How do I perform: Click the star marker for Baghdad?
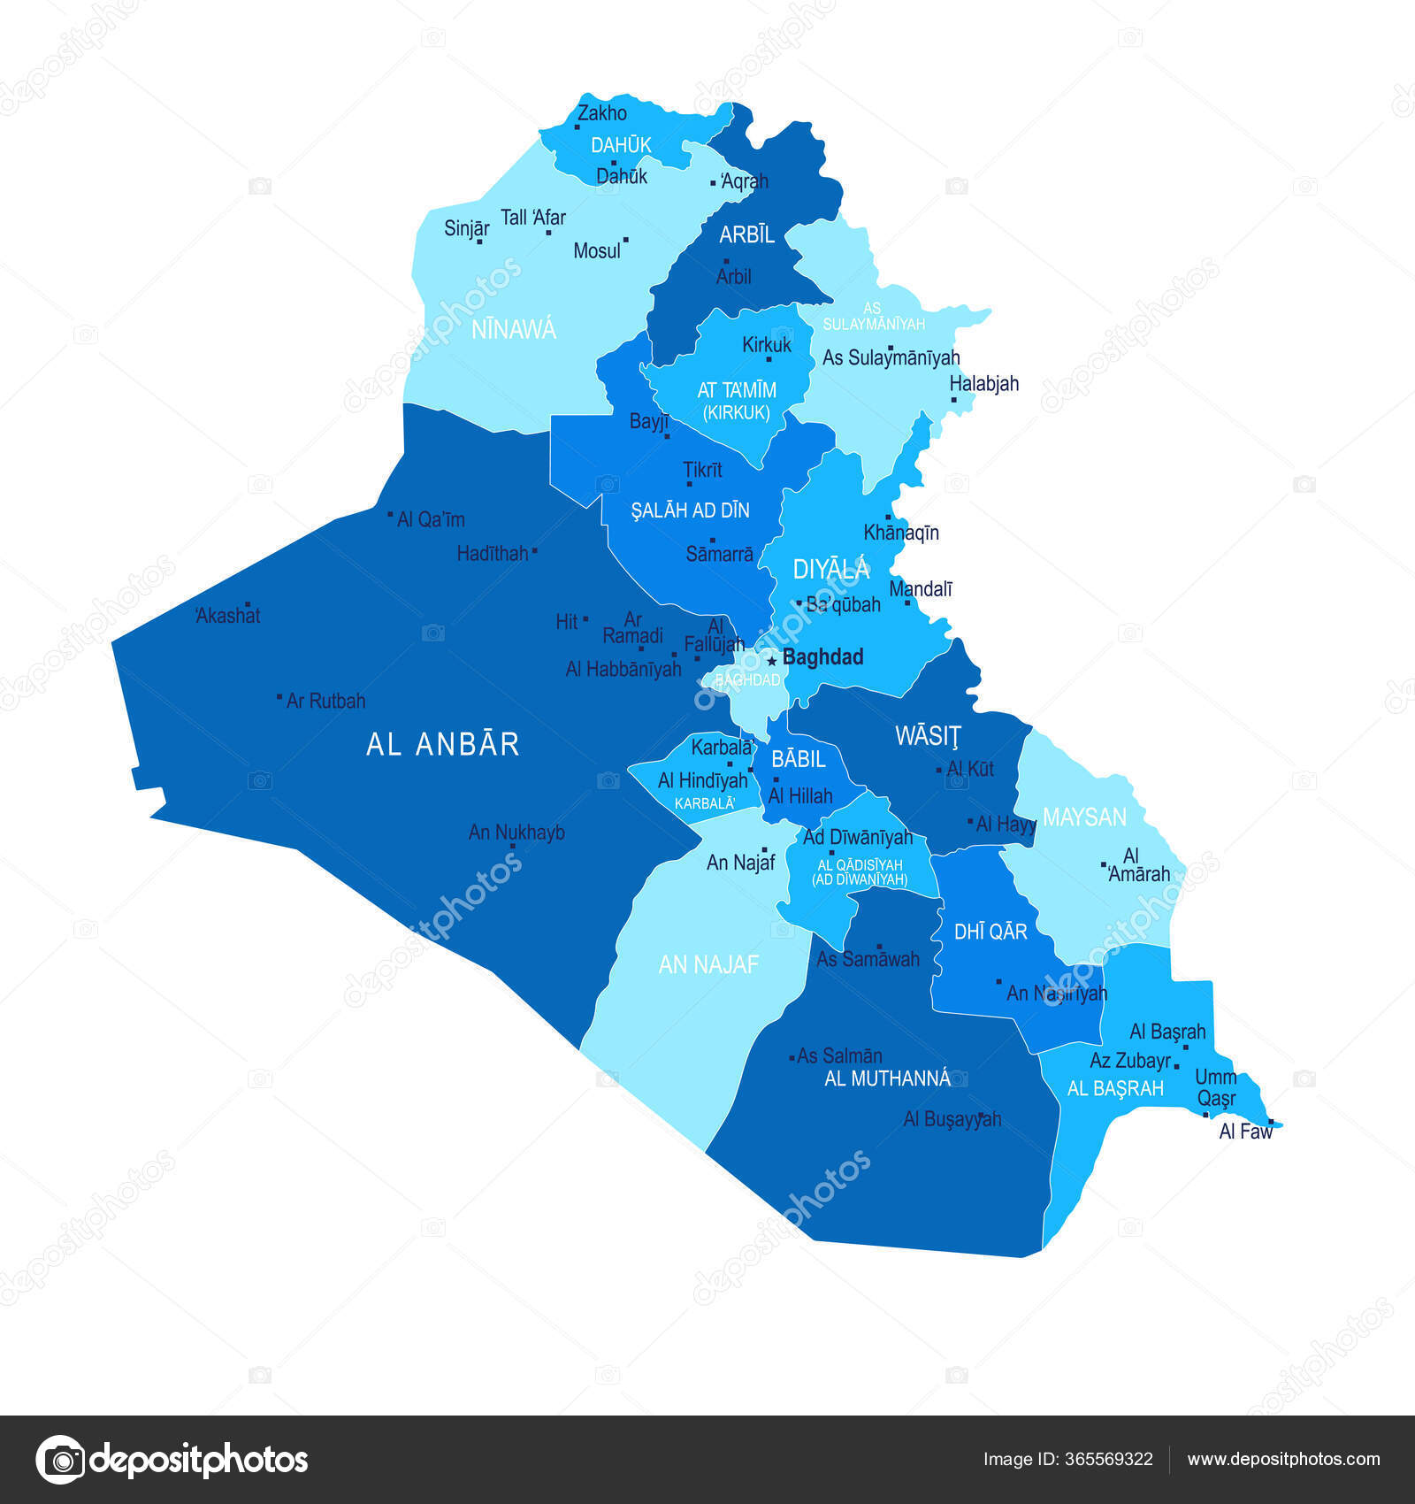click(772, 660)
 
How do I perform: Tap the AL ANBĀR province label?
click(442, 744)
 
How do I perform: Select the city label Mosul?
click(597, 251)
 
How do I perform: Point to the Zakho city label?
click(602, 113)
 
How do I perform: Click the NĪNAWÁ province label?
click(514, 330)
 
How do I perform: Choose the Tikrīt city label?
click(702, 470)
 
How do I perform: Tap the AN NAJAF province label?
click(708, 964)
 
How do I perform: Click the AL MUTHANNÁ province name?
click(887, 1078)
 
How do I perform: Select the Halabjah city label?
click(983, 384)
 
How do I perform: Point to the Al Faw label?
click(1245, 1132)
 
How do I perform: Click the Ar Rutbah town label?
click(325, 701)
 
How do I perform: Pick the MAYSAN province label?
click(1084, 817)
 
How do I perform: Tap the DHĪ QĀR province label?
click(990, 932)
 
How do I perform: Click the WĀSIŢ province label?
click(927, 736)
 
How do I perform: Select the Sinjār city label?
click(466, 228)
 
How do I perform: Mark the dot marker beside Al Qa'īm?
click(390, 514)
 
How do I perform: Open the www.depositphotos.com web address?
click(1283, 1460)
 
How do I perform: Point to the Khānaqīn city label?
click(901, 533)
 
